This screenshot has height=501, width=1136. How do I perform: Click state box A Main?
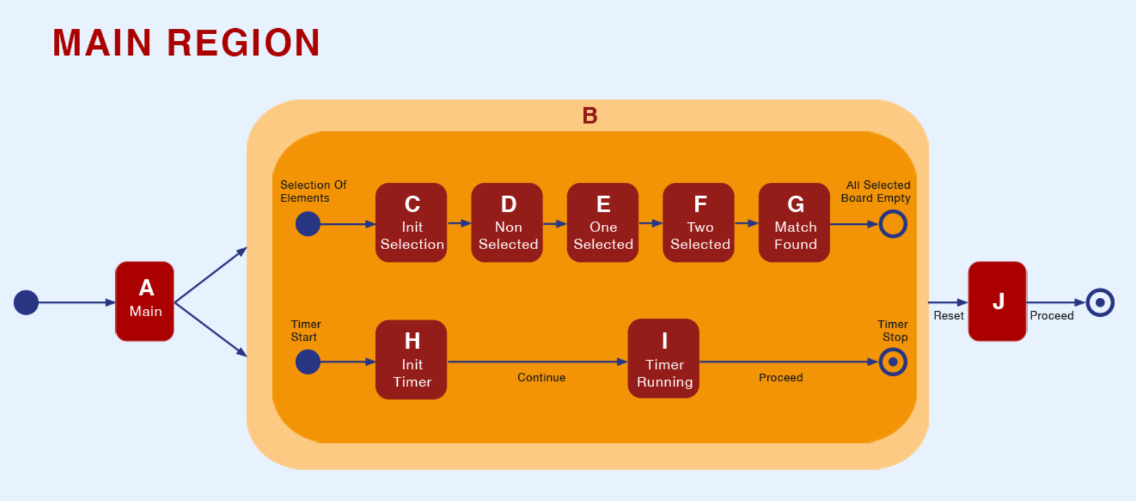(145, 301)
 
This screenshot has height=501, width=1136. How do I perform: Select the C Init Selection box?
(412, 223)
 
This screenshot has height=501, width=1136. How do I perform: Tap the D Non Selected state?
(507, 223)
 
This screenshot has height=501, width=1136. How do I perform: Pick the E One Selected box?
(603, 223)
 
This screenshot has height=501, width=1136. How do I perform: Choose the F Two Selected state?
(699, 223)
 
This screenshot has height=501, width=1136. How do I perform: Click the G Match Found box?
(794, 223)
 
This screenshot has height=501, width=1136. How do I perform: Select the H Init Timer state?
(412, 360)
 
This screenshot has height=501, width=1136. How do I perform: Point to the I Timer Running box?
(663, 359)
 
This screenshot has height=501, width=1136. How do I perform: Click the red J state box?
(997, 301)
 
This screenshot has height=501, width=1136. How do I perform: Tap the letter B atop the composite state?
(590, 116)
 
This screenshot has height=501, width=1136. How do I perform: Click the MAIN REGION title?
(186, 43)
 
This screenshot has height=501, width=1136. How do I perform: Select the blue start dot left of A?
(26, 302)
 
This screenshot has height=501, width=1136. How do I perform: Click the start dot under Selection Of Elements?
(308, 224)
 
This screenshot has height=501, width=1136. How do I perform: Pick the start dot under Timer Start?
(308, 362)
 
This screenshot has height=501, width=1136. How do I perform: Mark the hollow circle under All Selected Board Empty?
(893, 224)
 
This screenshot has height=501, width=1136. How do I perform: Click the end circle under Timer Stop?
(893, 362)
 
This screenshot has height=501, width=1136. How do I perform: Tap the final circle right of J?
(1100, 302)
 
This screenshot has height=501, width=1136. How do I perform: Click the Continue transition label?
(541, 377)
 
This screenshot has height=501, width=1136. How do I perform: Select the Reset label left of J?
(949, 316)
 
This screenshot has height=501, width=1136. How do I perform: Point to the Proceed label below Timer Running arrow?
(780, 377)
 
